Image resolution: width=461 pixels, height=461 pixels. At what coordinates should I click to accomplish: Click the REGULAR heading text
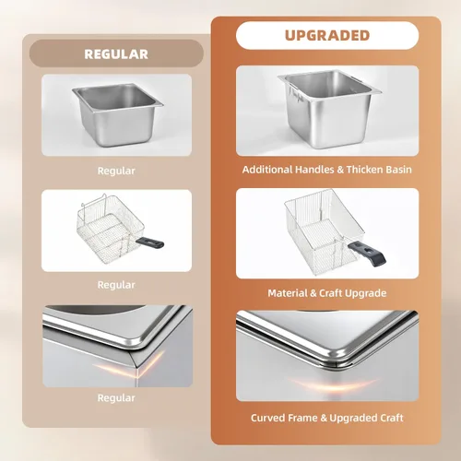coord(116,54)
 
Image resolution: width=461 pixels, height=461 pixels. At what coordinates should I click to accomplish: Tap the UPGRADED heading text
coord(327,35)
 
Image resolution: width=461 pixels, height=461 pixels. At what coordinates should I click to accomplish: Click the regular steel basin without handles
coord(118,114)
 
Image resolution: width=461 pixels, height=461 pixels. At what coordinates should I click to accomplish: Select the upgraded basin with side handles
coord(329,109)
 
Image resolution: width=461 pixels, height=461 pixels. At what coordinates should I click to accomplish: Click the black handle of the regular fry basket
coord(150,242)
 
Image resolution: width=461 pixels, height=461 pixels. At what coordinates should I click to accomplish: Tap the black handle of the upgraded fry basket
coord(367,254)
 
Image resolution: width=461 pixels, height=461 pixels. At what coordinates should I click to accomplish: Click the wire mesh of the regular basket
coord(111,229)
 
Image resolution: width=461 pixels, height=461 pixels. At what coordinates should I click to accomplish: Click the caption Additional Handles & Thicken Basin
coord(327,170)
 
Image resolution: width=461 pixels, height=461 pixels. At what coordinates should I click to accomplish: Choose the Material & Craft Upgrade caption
coord(327,293)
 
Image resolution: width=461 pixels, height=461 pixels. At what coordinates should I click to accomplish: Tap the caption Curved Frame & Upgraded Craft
coord(327,418)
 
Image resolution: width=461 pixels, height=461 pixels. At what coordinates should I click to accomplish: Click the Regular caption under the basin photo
coord(116,171)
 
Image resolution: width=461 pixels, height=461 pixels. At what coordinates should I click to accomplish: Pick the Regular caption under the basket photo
coord(116,285)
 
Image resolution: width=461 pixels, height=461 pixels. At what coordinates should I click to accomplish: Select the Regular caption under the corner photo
coord(116,398)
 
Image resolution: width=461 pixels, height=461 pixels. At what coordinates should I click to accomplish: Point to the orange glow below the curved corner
coord(334,384)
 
